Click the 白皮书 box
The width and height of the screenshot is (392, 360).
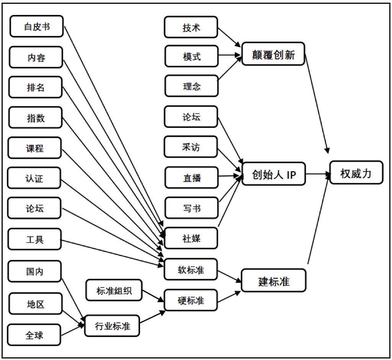click(37, 26)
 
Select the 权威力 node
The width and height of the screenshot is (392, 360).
click(356, 173)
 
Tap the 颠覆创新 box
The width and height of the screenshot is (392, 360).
click(273, 54)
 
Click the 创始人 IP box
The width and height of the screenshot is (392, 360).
click(274, 174)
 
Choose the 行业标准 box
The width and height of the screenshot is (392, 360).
click(112, 326)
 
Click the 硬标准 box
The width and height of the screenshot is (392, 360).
click(191, 300)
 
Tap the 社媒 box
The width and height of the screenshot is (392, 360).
click(191, 238)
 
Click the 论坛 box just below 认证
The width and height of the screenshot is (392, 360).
click(34, 208)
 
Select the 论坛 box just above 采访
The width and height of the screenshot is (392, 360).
click(191, 117)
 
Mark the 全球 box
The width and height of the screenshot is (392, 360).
click(34, 335)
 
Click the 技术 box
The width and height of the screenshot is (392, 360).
click(191, 27)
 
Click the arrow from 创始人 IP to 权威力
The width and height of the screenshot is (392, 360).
click(318, 174)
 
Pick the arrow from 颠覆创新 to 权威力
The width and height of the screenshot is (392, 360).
click(317, 103)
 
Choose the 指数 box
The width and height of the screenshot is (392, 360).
click(35, 118)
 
